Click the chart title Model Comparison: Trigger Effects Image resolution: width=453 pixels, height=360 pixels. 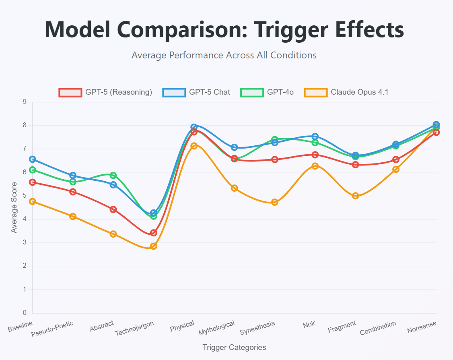(224, 29)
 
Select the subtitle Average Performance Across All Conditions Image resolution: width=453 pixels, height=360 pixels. (224, 55)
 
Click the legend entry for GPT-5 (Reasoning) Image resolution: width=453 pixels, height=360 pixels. (105, 92)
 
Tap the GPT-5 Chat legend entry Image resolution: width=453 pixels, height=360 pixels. (196, 92)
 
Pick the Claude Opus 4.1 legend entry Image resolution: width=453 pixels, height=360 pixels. (346, 92)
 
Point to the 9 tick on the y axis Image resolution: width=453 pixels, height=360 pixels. (25, 102)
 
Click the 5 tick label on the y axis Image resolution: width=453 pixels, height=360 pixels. (25, 196)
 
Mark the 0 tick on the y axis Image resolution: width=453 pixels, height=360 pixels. (25, 313)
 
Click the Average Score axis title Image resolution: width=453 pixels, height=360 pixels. (14, 207)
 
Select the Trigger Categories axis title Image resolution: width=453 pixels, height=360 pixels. (234, 347)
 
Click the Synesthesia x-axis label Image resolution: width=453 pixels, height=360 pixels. (257, 328)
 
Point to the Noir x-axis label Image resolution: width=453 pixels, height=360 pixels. (309, 324)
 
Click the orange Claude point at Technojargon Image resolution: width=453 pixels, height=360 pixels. (153, 246)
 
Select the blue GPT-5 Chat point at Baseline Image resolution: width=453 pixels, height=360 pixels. (33, 159)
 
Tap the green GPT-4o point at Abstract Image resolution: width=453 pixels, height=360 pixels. (113, 176)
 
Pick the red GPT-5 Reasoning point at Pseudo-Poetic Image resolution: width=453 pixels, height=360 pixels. (73, 192)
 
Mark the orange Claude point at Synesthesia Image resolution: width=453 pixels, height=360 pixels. (275, 202)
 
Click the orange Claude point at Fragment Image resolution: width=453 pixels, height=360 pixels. (355, 196)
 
